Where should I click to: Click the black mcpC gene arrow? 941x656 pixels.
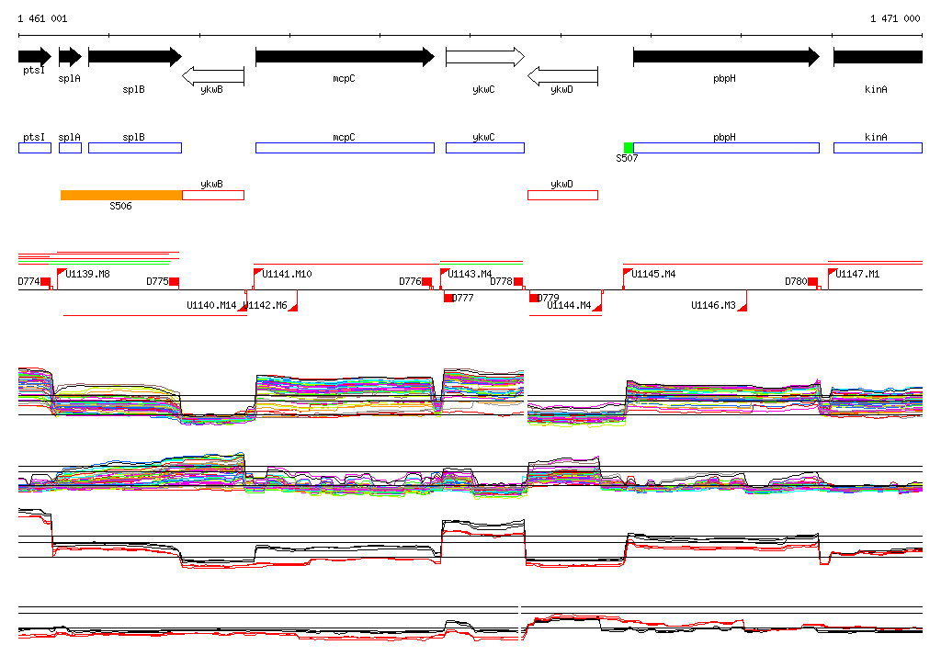point(345,57)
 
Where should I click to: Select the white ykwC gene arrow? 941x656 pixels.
point(484,57)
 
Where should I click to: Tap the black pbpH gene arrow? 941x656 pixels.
point(726,57)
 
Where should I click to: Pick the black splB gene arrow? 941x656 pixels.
point(134,57)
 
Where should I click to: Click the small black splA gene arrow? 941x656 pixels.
point(70,57)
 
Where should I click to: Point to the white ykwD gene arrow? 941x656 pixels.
point(562,75)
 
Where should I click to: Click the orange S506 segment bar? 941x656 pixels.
point(121,195)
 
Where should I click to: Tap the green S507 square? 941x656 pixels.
point(629,148)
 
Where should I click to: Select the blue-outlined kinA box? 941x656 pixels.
point(878,148)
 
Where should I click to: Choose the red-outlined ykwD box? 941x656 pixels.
point(562,195)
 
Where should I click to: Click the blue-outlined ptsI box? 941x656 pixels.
point(34,148)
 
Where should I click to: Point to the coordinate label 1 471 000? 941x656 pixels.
point(895,18)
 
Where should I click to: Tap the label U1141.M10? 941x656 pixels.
point(287,274)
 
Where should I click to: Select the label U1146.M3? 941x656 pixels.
point(714,305)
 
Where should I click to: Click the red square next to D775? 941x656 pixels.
point(175,281)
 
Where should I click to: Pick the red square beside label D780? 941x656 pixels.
point(812,281)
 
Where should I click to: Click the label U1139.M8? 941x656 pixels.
point(88,274)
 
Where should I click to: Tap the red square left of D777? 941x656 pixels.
point(448,298)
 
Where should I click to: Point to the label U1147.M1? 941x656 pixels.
point(857,274)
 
